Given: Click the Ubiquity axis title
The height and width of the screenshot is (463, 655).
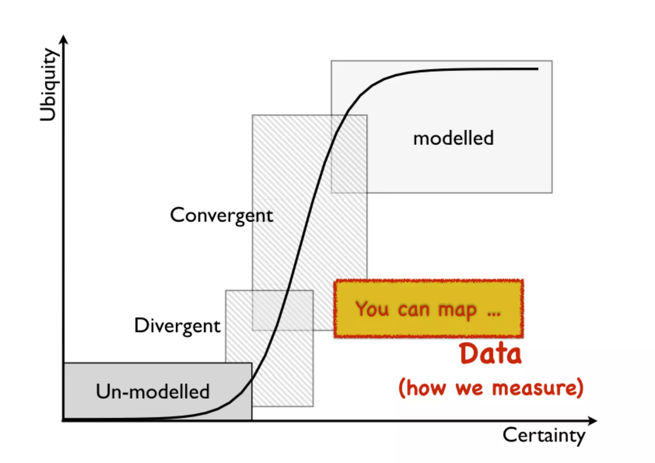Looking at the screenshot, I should [x=49, y=85].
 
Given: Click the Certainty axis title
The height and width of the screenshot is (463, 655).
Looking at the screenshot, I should [x=544, y=435].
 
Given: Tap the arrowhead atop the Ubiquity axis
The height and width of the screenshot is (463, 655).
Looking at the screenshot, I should [x=64, y=39].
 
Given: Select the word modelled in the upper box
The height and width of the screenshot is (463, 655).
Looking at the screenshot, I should [x=454, y=138].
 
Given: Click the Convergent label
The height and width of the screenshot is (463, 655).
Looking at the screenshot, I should [x=221, y=215].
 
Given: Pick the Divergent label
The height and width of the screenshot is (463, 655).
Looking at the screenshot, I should [x=177, y=326].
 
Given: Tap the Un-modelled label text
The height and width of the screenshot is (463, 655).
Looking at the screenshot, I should [x=153, y=391].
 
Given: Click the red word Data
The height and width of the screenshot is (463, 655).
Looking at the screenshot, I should [x=491, y=354].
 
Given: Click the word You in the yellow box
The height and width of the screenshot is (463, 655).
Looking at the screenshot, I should [x=372, y=309].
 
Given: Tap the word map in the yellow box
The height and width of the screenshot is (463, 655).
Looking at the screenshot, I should [x=457, y=310].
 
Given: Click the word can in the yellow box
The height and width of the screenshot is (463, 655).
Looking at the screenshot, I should [x=414, y=310].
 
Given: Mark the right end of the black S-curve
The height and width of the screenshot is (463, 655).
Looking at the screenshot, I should [x=538, y=69].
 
